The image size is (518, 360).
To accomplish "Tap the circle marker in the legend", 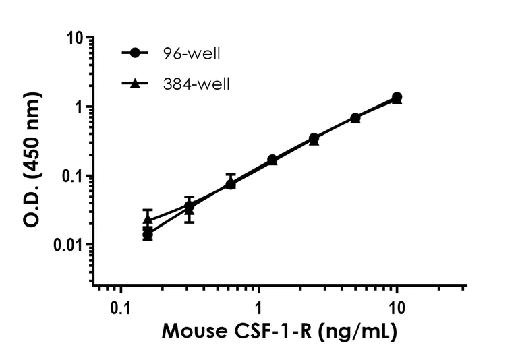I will (x=136, y=53).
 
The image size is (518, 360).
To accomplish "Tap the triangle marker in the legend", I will (x=136, y=84).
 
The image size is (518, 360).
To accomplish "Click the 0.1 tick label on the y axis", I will (x=74, y=176).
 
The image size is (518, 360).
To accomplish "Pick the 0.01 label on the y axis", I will (x=70, y=245).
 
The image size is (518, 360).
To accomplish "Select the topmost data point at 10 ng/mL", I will (x=397, y=97).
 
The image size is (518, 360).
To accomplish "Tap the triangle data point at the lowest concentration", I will (x=148, y=219).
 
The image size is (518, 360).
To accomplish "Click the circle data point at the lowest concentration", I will (x=148, y=234).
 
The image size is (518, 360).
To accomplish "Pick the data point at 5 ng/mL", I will (x=355, y=118).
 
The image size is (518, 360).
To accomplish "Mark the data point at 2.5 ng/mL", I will (x=314, y=139).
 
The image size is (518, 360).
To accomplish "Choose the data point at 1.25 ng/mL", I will (x=272, y=160).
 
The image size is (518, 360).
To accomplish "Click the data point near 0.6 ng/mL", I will (x=231, y=183).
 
